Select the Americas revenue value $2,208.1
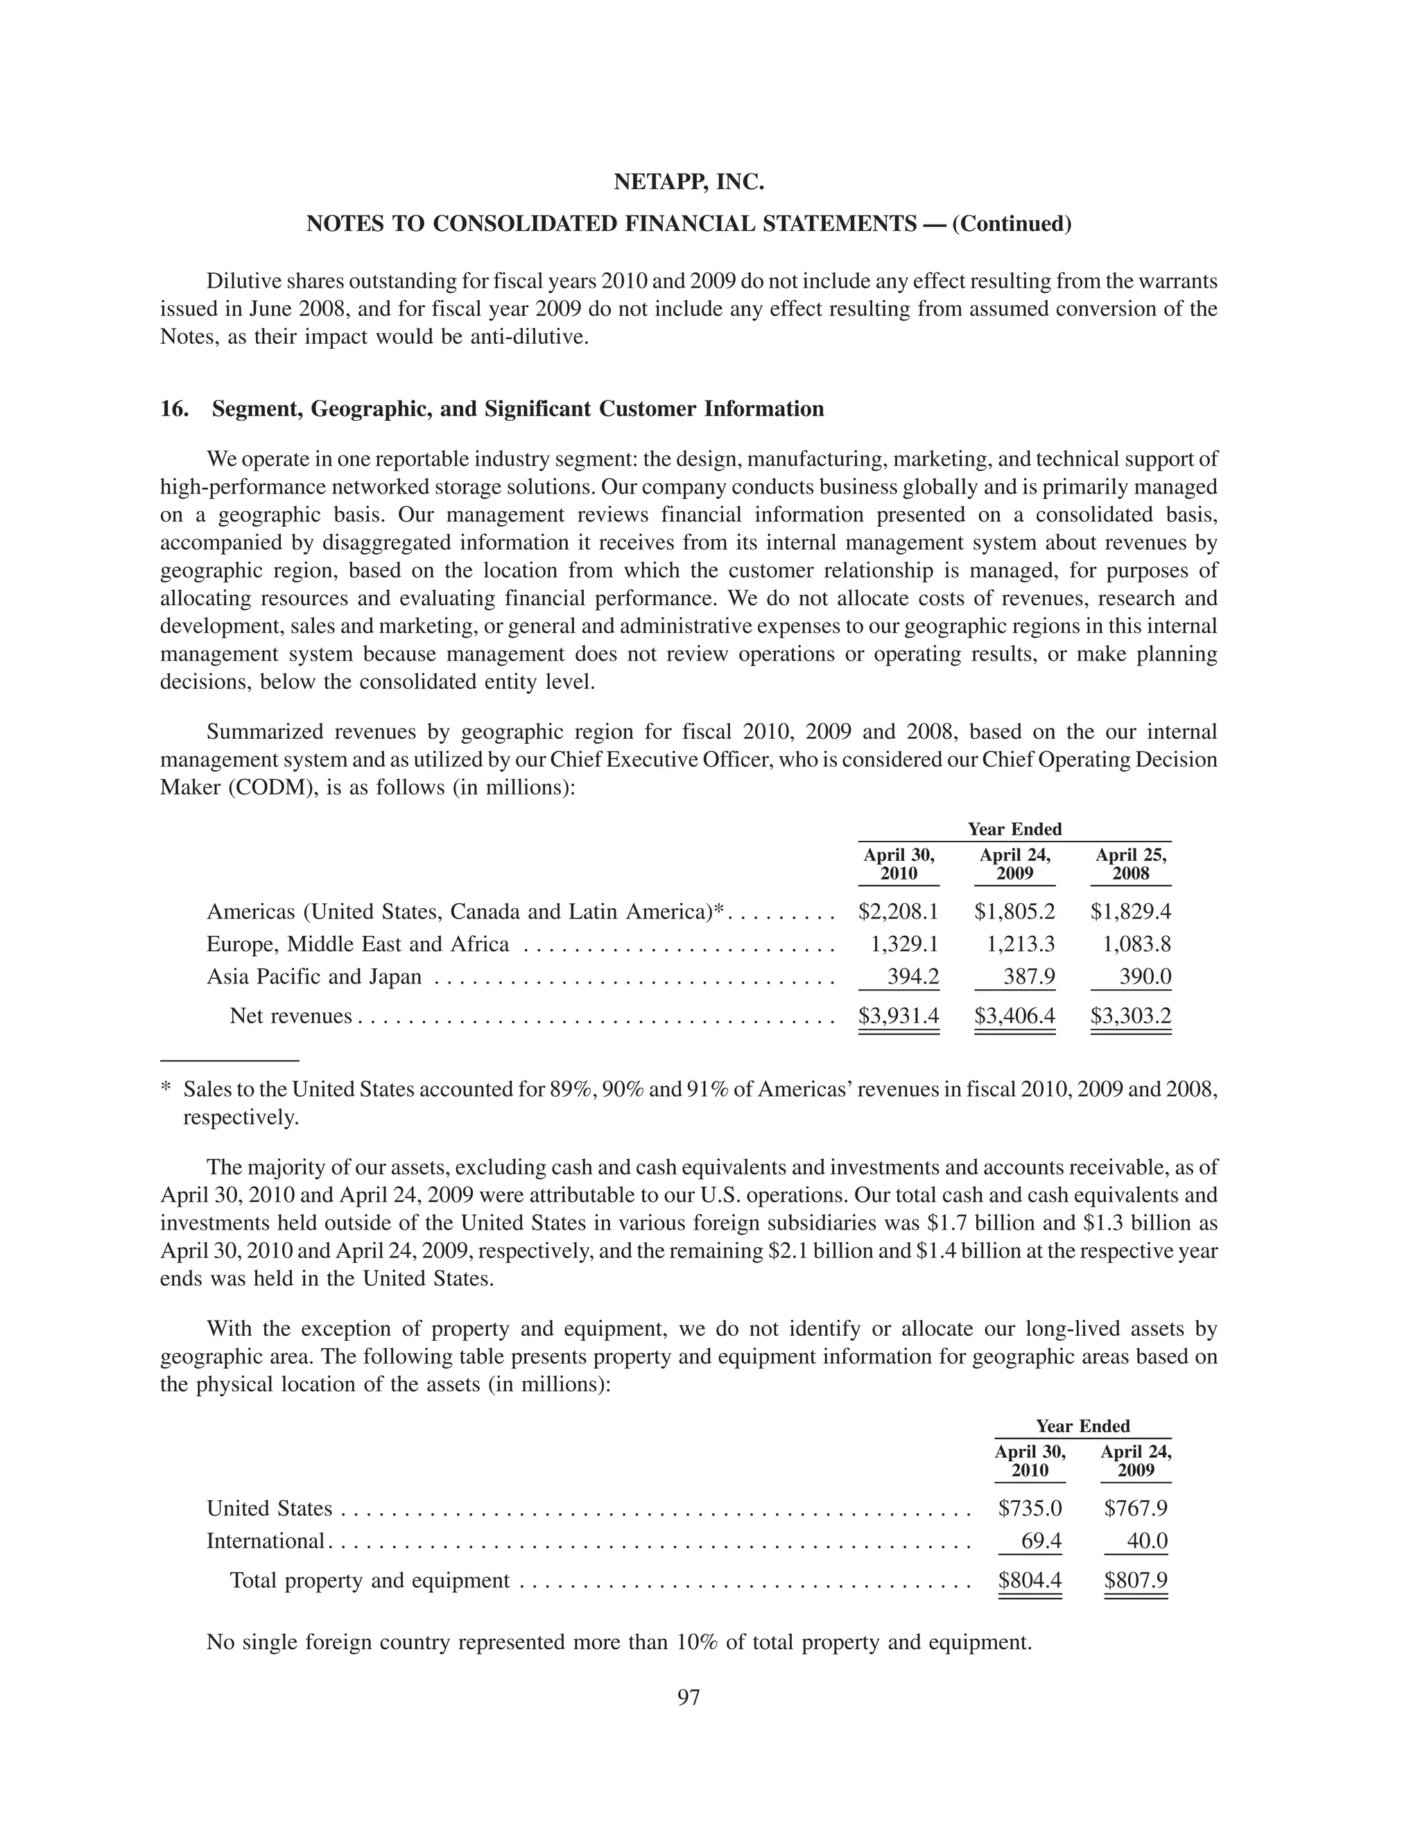tap(899, 912)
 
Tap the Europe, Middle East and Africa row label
tap(358, 945)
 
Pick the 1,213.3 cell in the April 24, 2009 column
tap(1021, 945)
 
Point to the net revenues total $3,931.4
tap(899, 1016)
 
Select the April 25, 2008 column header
tap(1131, 864)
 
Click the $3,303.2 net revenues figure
tap(1131, 1016)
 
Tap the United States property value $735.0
tap(1030, 1508)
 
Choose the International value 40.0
tap(1148, 1541)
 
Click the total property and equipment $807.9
tap(1136, 1581)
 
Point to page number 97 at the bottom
tap(689, 1698)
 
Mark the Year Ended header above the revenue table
tap(1014, 829)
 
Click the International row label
tap(266, 1541)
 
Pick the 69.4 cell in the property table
tap(1041, 1541)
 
